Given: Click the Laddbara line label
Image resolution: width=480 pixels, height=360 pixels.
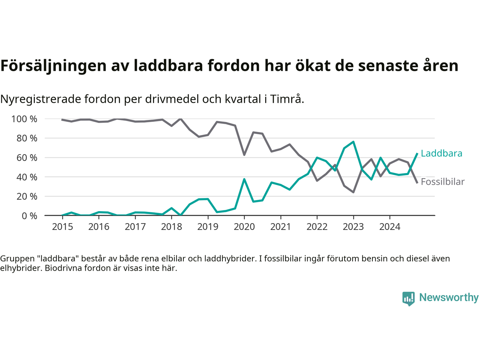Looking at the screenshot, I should click(441, 153).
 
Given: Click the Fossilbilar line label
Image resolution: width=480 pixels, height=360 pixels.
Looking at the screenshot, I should click(442, 182).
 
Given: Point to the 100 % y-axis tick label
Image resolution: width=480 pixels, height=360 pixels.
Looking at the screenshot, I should click(24, 119).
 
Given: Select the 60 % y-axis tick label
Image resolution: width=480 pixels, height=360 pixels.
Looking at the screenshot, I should click(27, 158).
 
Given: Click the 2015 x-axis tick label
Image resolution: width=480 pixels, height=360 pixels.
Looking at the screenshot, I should click(62, 227).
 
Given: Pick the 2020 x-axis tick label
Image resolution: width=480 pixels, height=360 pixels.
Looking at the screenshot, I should click(244, 227).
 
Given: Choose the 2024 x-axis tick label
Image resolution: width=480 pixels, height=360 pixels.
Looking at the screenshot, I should click(390, 227).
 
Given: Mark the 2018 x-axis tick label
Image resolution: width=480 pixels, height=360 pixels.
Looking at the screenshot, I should click(171, 227).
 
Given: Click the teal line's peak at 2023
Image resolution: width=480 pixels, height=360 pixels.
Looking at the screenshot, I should click(353, 142).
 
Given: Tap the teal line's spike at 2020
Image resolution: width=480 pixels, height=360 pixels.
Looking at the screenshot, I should click(244, 179).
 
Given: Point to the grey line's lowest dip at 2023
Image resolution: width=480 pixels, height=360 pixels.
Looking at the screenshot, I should click(353, 192).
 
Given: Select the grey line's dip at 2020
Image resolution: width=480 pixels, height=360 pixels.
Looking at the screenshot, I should click(244, 154).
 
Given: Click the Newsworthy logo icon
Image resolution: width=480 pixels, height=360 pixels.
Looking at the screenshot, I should click(408, 298).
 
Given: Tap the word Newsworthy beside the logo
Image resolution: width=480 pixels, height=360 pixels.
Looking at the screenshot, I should click(449, 298).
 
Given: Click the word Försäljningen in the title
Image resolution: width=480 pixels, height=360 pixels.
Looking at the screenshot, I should click(54, 66).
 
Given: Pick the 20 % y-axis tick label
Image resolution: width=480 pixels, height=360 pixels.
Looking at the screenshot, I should click(27, 196).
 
